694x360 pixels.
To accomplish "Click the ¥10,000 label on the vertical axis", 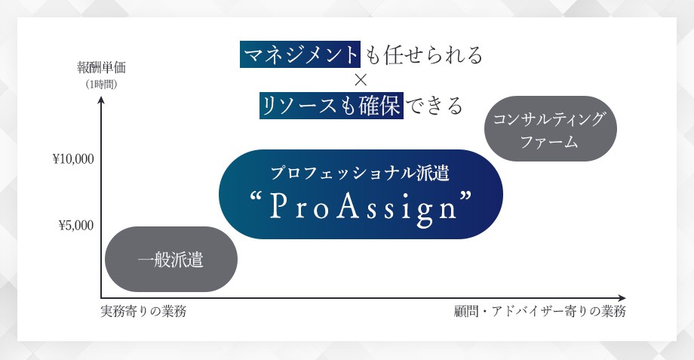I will click(x=73, y=159).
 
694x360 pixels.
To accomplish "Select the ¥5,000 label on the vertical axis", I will click(x=75, y=225).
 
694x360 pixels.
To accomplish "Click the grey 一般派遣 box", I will click(x=170, y=260).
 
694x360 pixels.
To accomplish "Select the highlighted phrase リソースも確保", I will click(x=331, y=105).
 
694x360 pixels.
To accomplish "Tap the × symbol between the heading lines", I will click(x=360, y=80).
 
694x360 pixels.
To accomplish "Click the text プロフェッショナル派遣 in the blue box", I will click(x=360, y=173).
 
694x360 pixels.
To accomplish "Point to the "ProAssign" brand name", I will click(x=360, y=205).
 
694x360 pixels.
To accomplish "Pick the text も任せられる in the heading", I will click(x=423, y=55).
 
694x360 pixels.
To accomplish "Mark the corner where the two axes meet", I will click(x=101, y=297).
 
